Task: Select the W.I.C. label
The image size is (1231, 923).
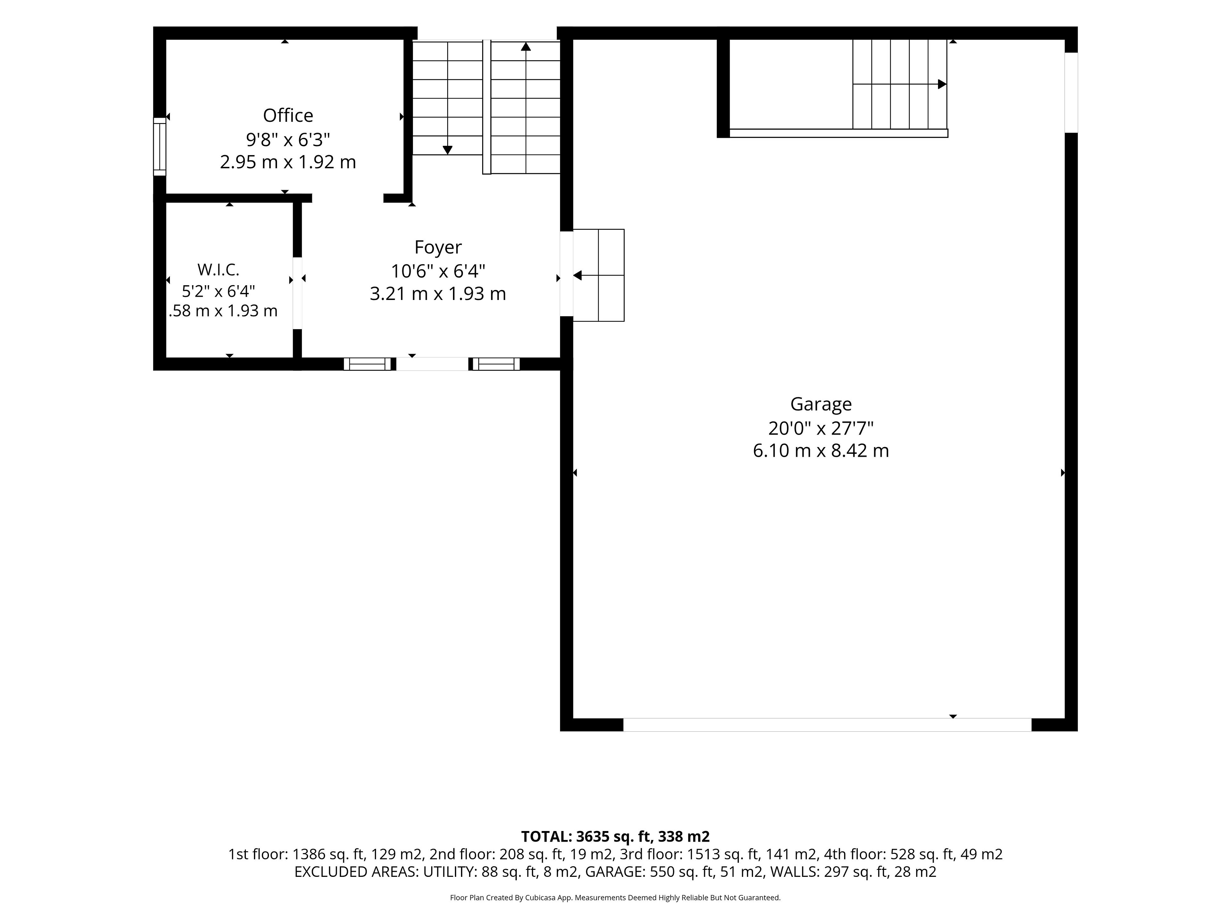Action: pyautogui.click(x=218, y=270)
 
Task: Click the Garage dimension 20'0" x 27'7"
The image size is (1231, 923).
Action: pyautogui.click(x=821, y=428)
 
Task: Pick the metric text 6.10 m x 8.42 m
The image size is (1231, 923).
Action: pyautogui.click(x=821, y=451)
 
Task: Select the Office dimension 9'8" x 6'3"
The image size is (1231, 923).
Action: pyautogui.click(x=288, y=139)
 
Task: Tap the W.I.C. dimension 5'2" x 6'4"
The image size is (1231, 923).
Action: pyautogui.click(x=218, y=291)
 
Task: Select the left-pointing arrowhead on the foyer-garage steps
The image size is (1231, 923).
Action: pyautogui.click(x=577, y=275)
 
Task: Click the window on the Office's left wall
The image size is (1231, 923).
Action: pyautogui.click(x=160, y=147)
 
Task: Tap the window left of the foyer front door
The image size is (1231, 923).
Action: pyautogui.click(x=367, y=364)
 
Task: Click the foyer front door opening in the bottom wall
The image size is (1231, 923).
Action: pyautogui.click(x=432, y=364)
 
